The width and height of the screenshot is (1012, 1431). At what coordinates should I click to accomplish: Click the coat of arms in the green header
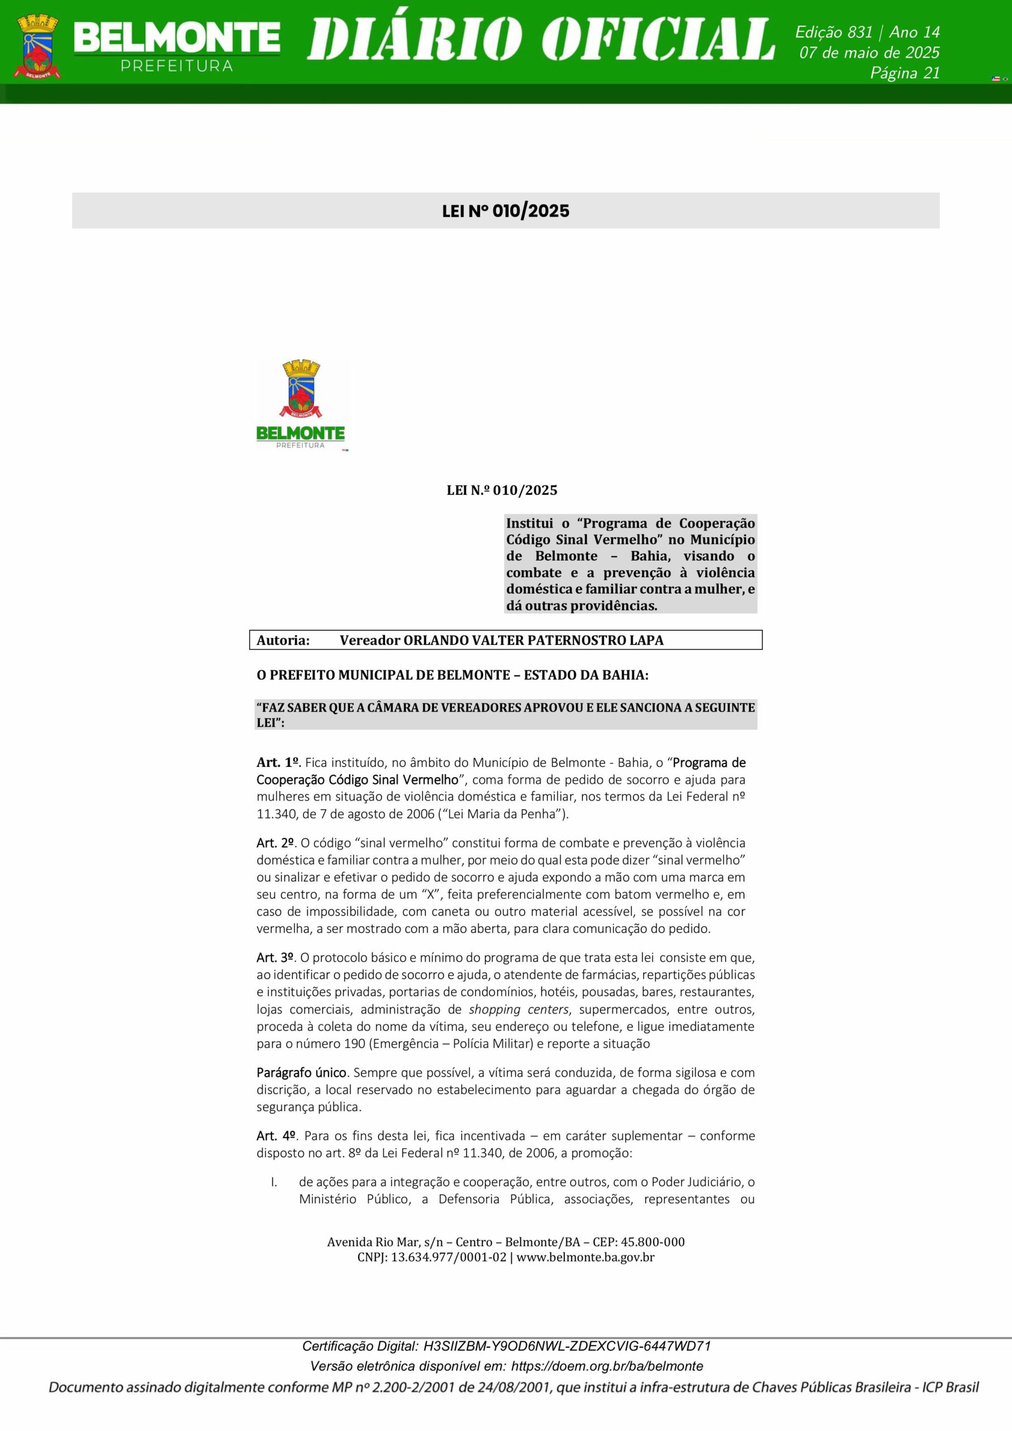coord(39,47)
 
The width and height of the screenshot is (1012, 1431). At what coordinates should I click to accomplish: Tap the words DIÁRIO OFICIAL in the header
coord(540,39)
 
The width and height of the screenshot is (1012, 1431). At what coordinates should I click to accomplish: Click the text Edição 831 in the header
coord(834,32)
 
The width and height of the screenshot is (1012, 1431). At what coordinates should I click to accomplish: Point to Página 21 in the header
coord(904,73)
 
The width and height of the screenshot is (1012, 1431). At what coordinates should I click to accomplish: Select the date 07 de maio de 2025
coord(870,53)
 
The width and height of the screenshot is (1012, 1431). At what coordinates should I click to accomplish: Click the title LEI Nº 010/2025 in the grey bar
coord(505,211)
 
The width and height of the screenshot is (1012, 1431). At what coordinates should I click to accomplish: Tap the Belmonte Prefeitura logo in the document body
coord(301,405)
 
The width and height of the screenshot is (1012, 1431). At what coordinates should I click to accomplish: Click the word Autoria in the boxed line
coord(283,640)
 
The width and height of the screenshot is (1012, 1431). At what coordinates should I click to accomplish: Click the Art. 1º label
coord(278,762)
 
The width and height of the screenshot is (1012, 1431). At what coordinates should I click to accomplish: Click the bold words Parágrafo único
coord(302,1073)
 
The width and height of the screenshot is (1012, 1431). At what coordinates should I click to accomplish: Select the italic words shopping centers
coord(518,1009)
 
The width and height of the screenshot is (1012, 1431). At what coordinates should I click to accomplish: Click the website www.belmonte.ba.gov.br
coord(585,1257)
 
